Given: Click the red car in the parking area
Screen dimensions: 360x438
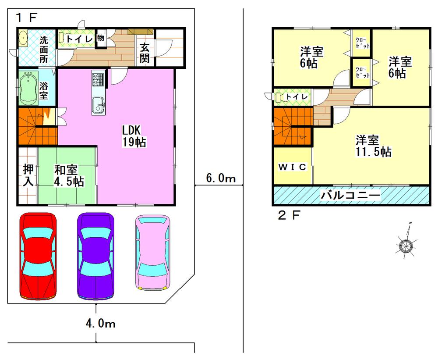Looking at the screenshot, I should coord(39,257).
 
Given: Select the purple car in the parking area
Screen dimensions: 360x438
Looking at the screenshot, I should coord(96,257).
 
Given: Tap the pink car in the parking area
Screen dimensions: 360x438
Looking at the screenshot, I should coord(152,252).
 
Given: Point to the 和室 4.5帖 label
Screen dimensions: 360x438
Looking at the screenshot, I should coord(69,175).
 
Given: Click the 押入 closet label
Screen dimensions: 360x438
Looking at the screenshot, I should coord(28,175).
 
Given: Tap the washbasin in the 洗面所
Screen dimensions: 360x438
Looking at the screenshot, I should coord(23,38).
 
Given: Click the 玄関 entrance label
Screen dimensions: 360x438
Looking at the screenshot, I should coord(145,53).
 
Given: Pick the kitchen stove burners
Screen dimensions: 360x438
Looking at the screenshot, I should coord(98,79).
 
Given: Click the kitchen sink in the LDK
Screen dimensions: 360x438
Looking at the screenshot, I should coord(98,106).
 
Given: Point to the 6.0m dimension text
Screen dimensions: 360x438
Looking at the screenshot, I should coord(221,178).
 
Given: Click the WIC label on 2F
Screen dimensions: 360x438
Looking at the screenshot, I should coord(293,167).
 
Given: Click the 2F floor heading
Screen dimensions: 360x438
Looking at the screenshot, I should coord(289,215).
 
